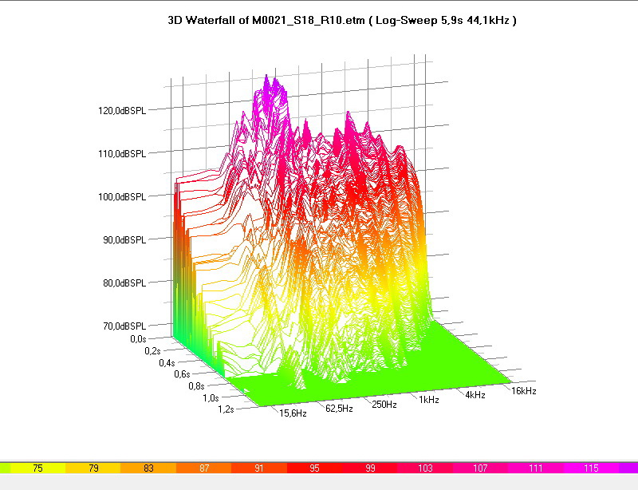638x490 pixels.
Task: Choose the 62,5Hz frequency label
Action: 338,409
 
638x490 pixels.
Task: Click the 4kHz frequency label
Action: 475,394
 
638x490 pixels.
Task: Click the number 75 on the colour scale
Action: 37,468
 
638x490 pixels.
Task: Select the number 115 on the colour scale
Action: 591,468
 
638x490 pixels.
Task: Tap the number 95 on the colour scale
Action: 314,468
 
